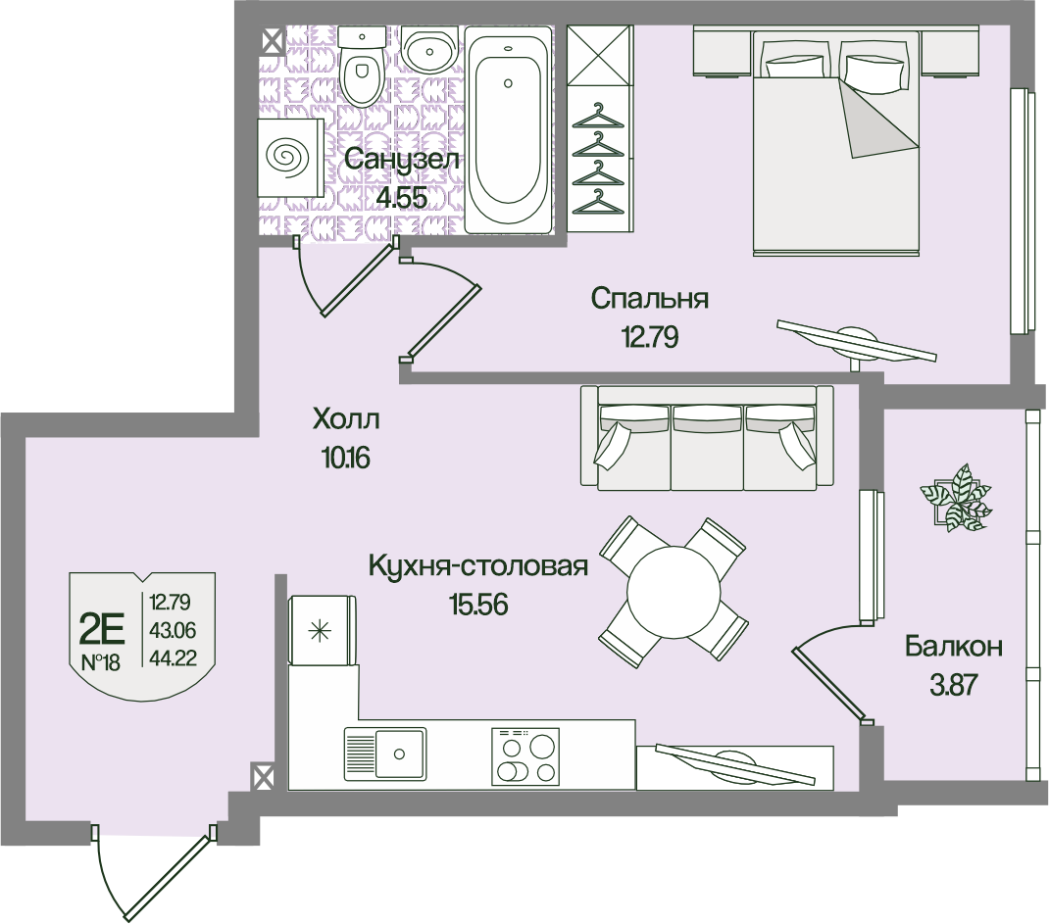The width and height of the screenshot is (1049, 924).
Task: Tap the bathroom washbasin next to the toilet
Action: (428, 48)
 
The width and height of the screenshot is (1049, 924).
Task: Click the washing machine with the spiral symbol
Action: (289, 156)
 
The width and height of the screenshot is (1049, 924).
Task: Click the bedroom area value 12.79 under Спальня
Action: (649, 337)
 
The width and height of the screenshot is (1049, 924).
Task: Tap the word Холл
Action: (345, 420)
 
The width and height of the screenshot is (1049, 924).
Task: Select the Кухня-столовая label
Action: (478, 566)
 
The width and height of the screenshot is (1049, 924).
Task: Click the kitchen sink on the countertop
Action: (384, 753)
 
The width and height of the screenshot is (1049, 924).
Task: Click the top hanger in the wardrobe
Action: (600, 117)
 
